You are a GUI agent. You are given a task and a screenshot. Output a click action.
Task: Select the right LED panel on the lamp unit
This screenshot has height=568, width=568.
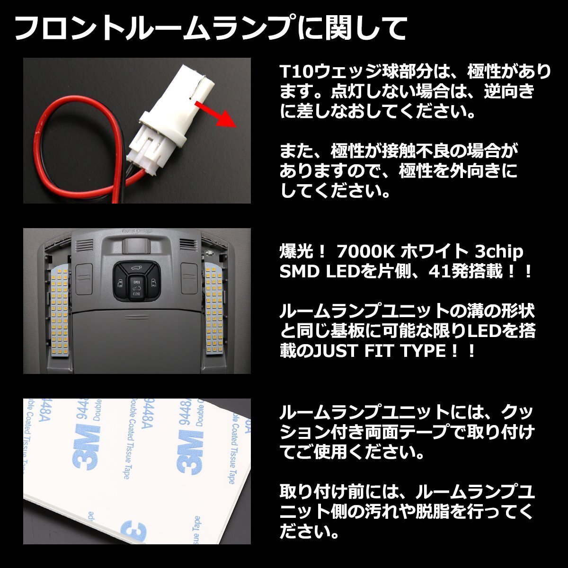tap(215, 310)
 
